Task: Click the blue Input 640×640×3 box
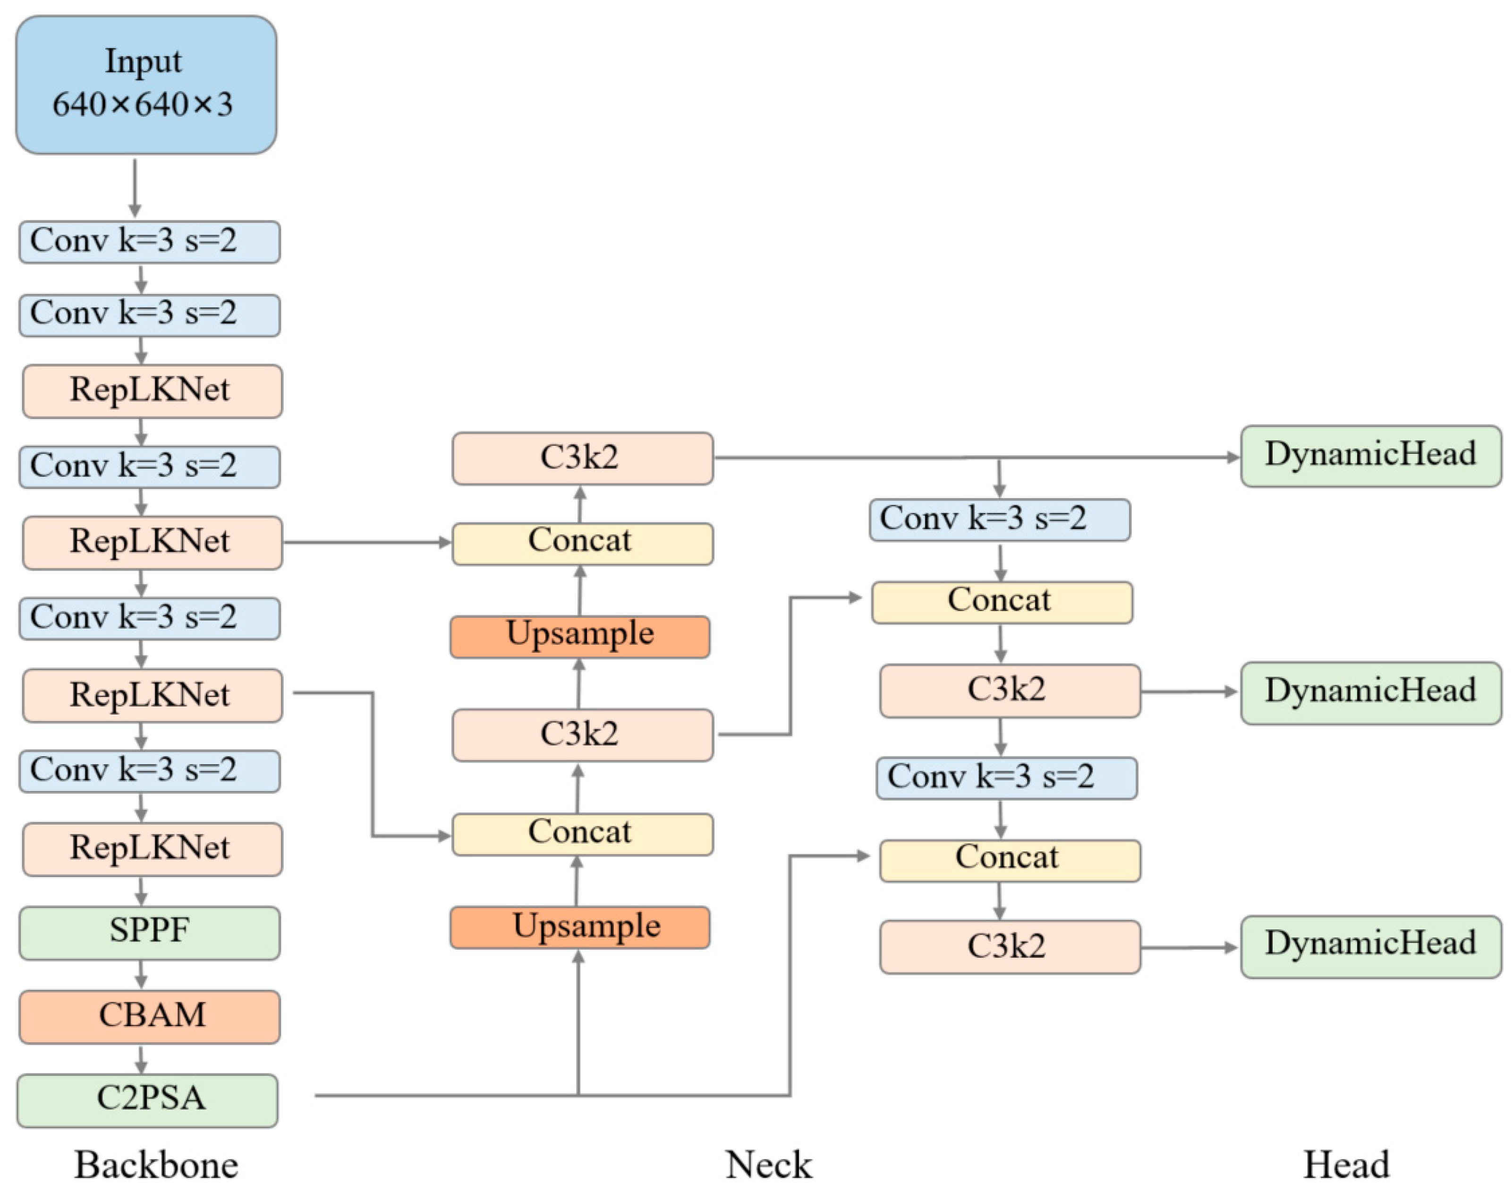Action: (x=146, y=85)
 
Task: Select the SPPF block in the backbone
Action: (x=149, y=932)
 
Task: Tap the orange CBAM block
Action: (x=149, y=1016)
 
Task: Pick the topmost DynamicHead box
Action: (x=1370, y=456)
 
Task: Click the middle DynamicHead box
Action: (x=1370, y=692)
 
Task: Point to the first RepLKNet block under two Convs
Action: (x=152, y=391)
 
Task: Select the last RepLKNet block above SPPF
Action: (x=152, y=849)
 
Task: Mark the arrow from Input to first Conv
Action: (x=135, y=187)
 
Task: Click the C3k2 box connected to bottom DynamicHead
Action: (x=1009, y=946)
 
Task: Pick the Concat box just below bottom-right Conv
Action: (x=1009, y=860)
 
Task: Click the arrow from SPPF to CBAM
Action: (x=141, y=974)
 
